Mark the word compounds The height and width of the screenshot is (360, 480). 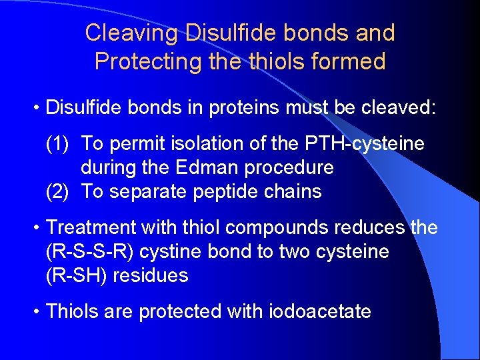pos(276,228)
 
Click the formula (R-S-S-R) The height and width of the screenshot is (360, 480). pos(89,252)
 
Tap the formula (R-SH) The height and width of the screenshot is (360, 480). pos(77,276)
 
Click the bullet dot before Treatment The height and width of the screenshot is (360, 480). pos(37,228)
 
